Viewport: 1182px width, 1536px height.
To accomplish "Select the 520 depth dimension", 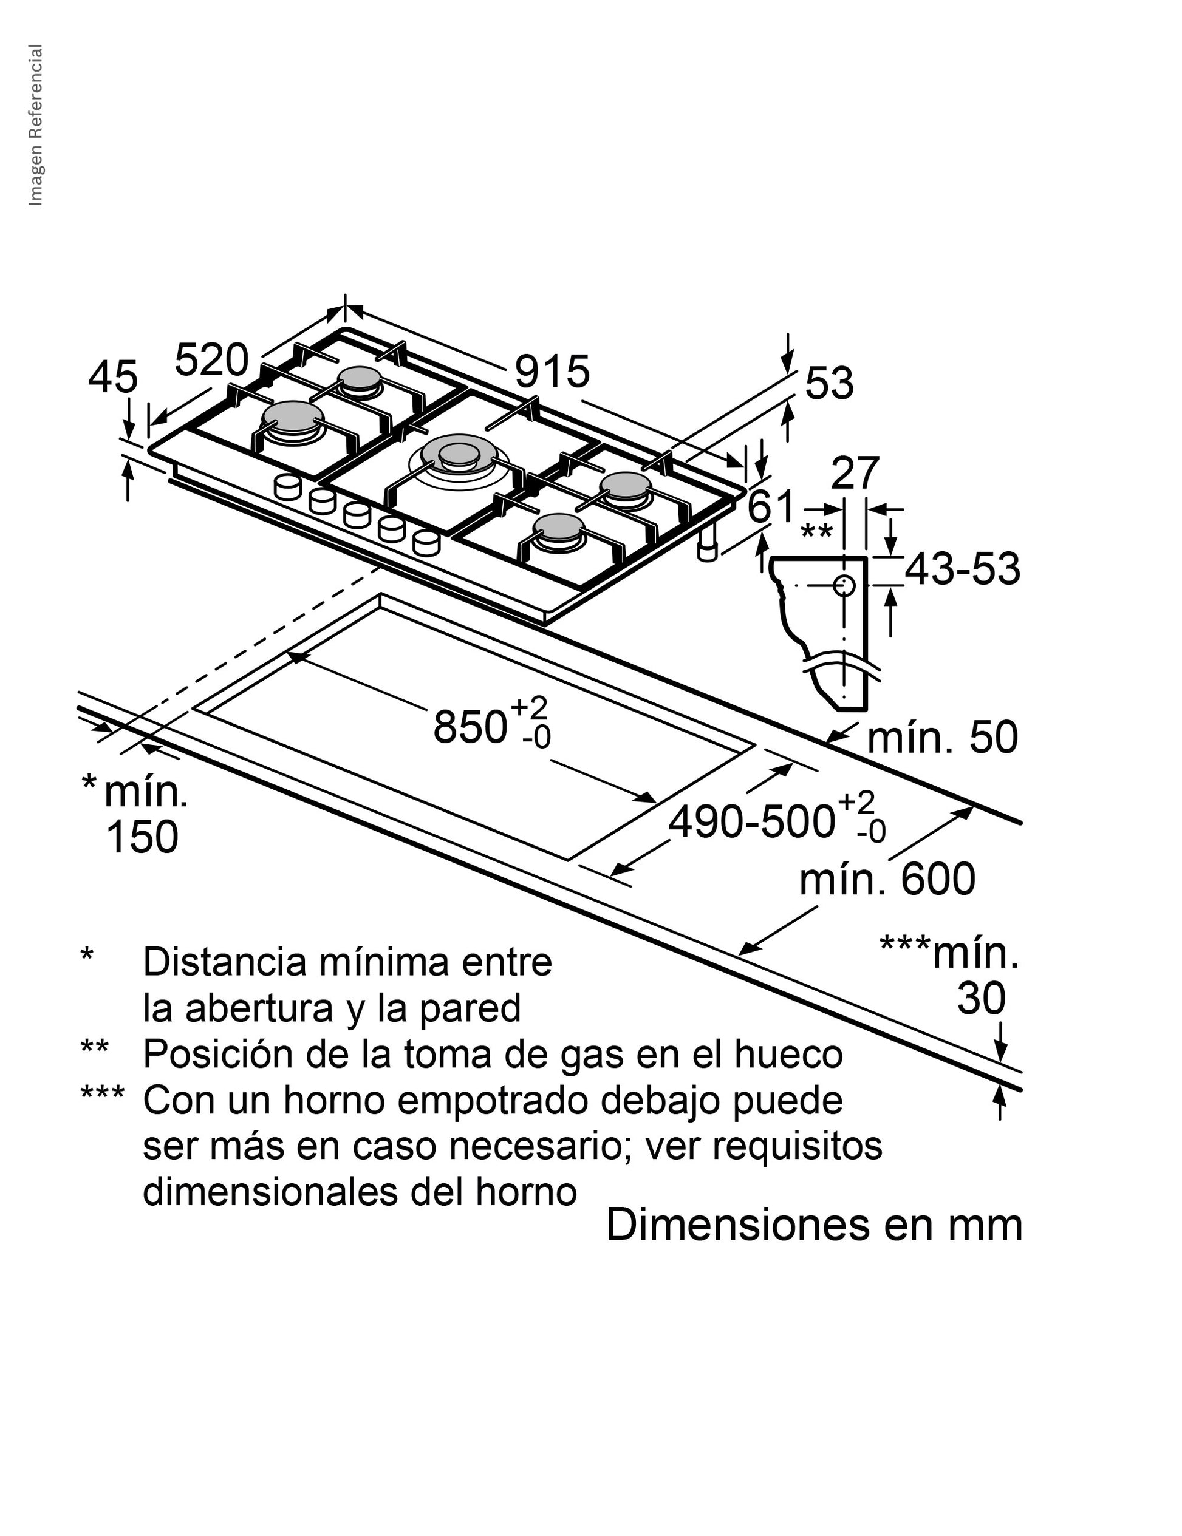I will pos(211,360).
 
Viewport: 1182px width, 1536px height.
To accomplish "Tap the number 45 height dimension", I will pos(112,377).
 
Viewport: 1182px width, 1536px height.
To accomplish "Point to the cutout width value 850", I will pos(470,727).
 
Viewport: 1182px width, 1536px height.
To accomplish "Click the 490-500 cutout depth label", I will pos(751,821).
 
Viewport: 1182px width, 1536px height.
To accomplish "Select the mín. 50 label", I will pos(943,738).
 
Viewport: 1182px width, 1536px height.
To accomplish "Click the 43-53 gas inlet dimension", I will pos(962,569).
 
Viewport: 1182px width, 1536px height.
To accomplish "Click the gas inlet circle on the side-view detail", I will pos(844,585).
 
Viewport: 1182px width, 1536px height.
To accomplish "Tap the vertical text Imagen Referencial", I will pos(35,125).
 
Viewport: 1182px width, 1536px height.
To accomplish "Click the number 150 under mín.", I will pos(142,837).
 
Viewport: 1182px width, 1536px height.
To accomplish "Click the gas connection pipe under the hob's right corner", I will pos(708,547).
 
